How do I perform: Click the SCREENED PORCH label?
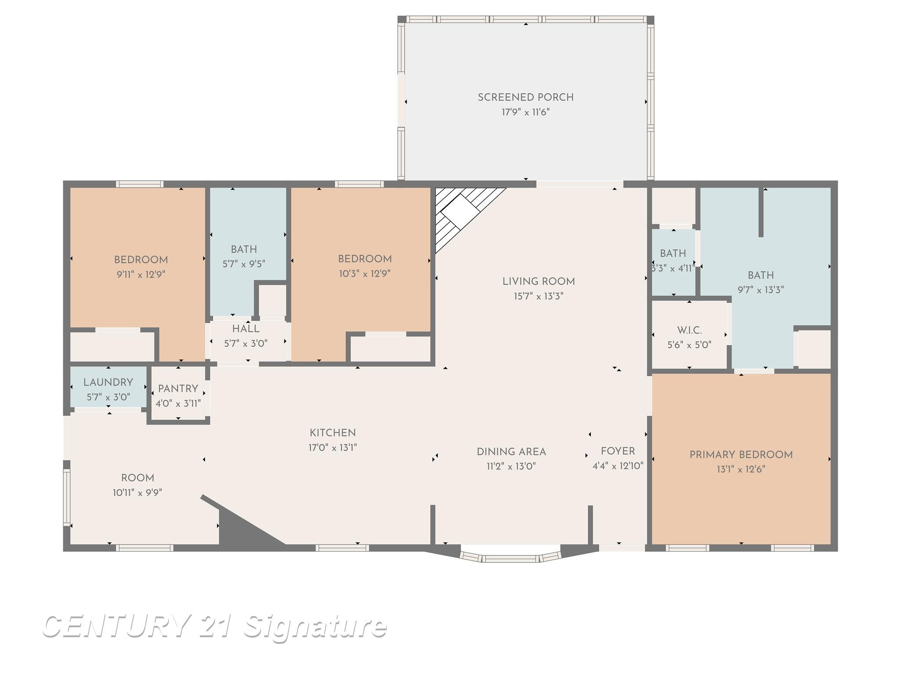[526, 97]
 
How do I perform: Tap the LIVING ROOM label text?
[538, 282]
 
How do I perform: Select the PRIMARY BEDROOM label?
[741, 455]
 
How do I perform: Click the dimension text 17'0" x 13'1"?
[333, 448]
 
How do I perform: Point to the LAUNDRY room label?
[108, 382]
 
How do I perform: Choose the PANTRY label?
[178, 389]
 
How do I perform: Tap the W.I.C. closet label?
[689, 330]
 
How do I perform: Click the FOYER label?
[618, 451]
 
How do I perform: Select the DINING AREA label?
[511, 452]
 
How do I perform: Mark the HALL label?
[246, 329]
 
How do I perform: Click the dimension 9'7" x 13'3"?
[761, 290]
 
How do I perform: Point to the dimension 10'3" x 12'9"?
[365, 274]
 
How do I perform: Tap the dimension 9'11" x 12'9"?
[141, 275]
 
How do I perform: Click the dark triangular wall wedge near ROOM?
[238, 524]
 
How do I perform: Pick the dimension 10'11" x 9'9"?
[138, 492]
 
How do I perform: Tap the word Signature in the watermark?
[315, 627]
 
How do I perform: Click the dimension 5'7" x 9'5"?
[244, 264]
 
